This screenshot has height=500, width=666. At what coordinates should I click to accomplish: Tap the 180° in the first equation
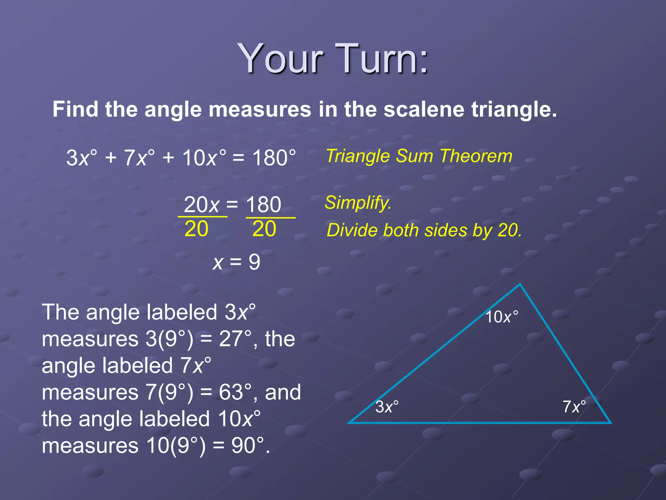pyautogui.click(x=274, y=158)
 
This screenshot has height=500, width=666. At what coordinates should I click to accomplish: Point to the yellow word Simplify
pyautogui.click(x=358, y=203)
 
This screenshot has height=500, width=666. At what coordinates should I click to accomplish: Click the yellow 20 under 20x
pyautogui.click(x=196, y=229)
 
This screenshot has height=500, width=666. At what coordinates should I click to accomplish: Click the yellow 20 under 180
pyautogui.click(x=264, y=229)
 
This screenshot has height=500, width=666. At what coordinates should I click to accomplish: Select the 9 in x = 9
pyautogui.click(x=254, y=262)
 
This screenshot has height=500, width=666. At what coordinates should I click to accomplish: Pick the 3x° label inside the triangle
pyautogui.click(x=387, y=407)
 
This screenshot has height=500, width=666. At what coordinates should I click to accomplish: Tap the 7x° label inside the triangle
pyautogui.click(x=574, y=407)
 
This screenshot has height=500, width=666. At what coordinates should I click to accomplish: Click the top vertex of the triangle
pyautogui.click(x=520, y=285)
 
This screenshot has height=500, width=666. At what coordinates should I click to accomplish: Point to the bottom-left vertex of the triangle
pyautogui.click(x=349, y=423)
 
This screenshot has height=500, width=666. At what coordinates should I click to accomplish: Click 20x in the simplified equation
pyautogui.click(x=202, y=205)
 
